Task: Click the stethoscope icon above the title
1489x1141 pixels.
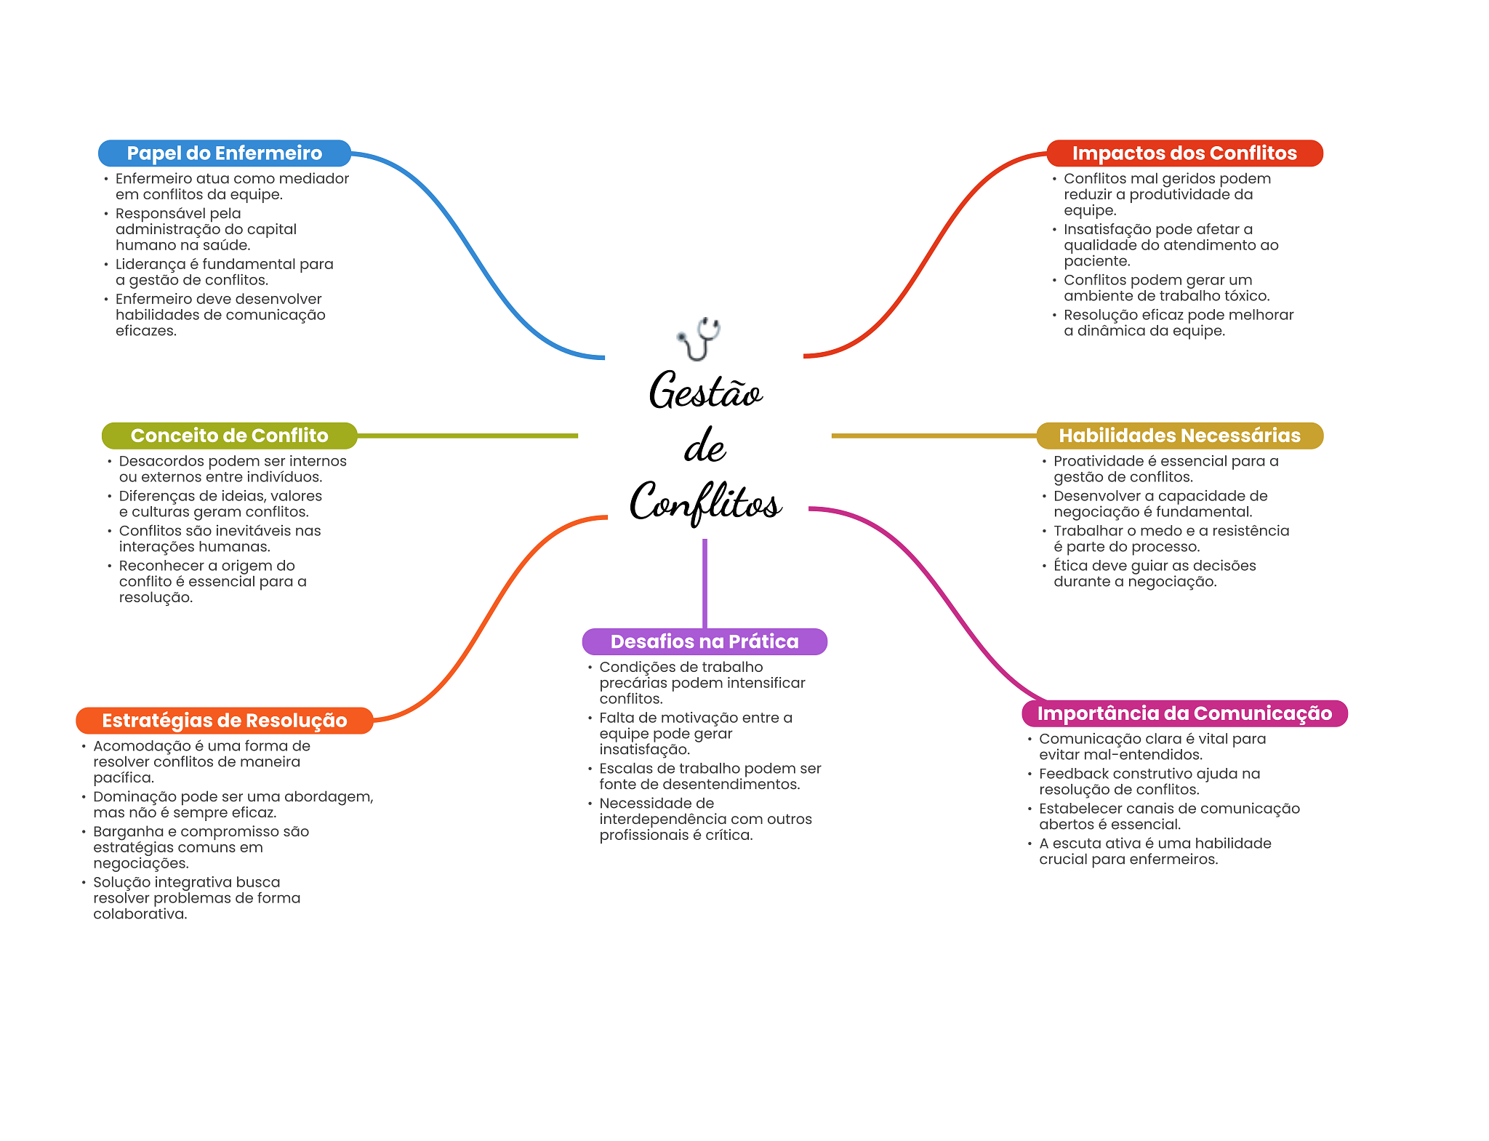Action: click(699, 339)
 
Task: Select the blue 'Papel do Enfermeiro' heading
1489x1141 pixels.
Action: click(225, 153)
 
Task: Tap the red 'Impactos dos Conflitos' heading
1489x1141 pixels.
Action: click(1184, 153)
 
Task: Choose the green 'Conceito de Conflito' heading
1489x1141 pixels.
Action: click(230, 436)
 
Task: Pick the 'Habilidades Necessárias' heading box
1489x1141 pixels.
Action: click(1179, 436)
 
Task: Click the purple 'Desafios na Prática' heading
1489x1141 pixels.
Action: click(705, 641)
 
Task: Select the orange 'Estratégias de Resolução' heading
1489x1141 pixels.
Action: click(225, 721)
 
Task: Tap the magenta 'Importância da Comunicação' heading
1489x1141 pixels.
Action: click(1184, 713)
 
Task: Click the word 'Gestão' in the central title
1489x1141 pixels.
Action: click(705, 391)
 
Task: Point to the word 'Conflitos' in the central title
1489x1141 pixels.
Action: click(705, 502)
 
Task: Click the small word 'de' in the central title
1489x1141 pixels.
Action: click(705, 446)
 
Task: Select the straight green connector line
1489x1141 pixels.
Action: click(467, 436)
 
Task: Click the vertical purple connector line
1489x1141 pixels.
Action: click(705, 583)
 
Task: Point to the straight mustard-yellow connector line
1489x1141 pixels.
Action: click(934, 436)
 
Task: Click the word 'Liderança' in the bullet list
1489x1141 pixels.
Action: click(150, 265)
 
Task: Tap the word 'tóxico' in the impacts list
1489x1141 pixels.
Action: click(1246, 296)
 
